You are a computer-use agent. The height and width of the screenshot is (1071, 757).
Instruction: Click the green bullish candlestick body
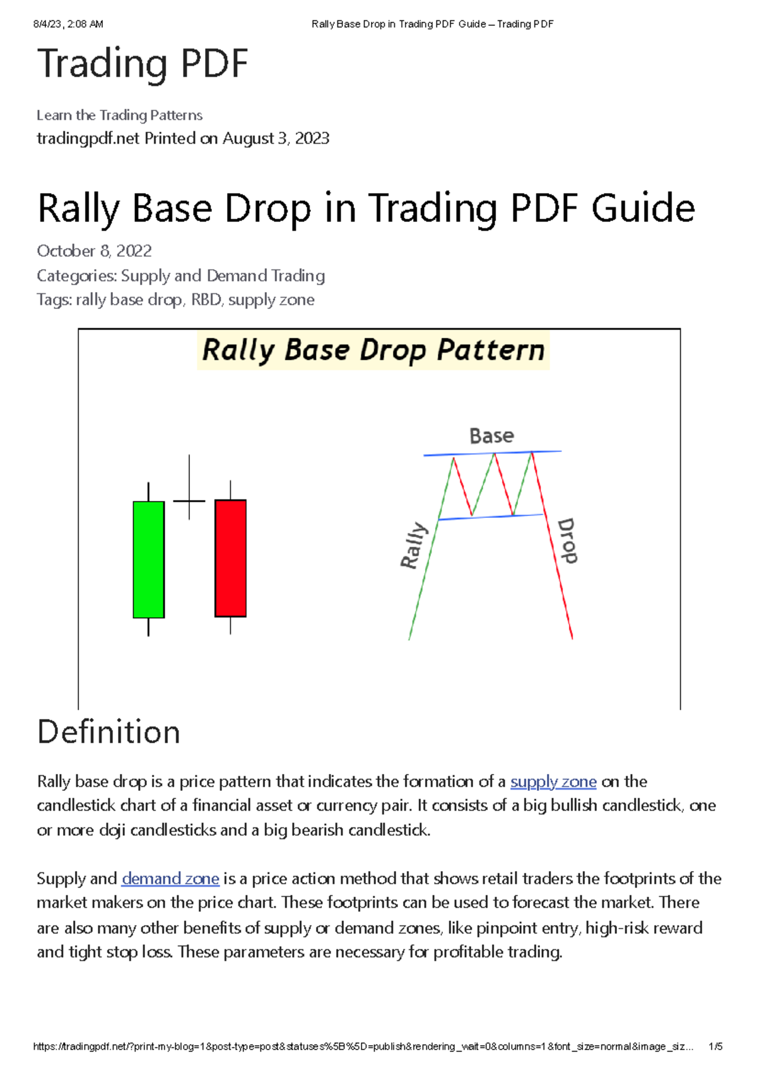click(149, 559)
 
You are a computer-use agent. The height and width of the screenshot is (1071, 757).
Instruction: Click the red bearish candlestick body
click(230, 558)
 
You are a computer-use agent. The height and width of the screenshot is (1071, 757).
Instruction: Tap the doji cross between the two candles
click(189, 501)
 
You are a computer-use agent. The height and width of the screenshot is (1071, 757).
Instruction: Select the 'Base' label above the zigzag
click(491, 436)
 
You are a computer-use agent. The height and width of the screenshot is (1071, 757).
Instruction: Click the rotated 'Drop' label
click(567, 541)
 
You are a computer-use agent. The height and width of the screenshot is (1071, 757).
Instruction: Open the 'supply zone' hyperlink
click(553, 781)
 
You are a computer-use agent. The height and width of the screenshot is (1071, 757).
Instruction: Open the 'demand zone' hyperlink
click(170, 879)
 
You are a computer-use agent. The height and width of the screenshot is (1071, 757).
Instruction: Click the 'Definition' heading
click(109, 732)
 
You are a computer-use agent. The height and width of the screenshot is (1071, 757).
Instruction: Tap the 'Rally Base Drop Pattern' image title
click(373, 350)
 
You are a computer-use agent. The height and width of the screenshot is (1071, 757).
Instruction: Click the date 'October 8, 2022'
click(94, 251)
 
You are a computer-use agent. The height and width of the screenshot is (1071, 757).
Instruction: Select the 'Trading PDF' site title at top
click(143, 64)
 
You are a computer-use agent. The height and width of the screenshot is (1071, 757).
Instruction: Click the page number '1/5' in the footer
click(715, 1046)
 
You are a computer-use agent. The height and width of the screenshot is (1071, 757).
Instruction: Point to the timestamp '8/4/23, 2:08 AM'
click(68, 24)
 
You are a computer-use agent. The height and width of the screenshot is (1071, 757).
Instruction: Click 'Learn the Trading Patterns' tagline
click(119, 115)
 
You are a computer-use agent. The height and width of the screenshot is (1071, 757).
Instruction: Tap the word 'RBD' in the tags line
click(206, 300)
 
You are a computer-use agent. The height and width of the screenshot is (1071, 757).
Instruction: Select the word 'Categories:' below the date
click(76, 276)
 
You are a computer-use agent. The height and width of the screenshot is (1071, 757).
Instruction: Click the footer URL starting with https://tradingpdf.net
click(363, 1046)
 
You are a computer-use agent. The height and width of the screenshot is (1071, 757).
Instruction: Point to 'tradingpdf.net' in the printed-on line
click(88, 138)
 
